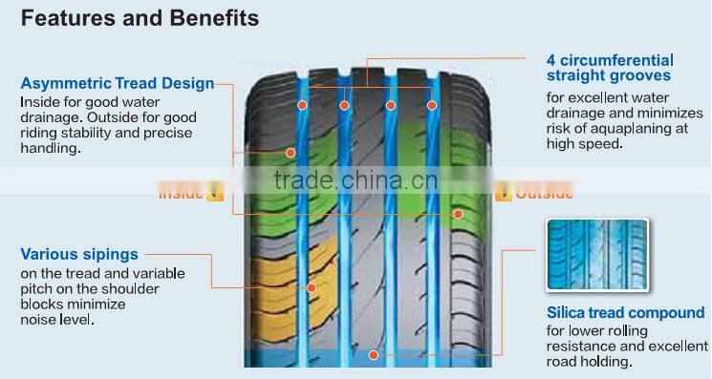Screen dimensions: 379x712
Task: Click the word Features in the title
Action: click(x=60, y=18)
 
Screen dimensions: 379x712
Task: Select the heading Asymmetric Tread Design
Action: click(x=117, y=84)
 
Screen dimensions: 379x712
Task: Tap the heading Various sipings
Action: click(x=79, y=255)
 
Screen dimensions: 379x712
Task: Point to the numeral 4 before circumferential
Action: click(x=552, y=59)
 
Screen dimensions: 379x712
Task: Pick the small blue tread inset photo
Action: click(x=596, y=257)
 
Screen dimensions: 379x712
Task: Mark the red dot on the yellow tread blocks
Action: click(x=312, y=286)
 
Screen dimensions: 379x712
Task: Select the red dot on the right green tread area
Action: click(x=459, y=214)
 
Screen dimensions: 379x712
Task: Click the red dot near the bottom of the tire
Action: click(x=375, y=355)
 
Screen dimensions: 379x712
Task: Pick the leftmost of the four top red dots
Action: click(x=301, y=105)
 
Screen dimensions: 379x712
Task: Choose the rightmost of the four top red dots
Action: click(x=433, y=105)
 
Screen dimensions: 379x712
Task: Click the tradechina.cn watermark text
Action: click(x=356, y=180)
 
